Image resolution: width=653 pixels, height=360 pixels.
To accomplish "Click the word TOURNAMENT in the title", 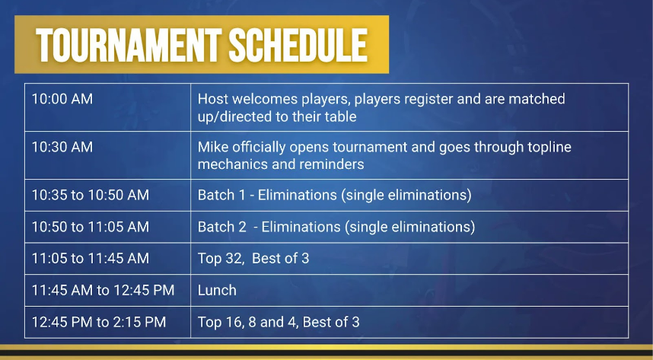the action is click(129, 45).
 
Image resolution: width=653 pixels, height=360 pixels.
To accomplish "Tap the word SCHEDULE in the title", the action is click(298, 45).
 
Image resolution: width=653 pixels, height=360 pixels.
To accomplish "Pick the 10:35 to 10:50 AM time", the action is click(91, 195).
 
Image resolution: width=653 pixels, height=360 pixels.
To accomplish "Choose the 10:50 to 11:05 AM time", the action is click(91, 227).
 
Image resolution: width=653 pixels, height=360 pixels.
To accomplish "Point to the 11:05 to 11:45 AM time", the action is click(91, 258).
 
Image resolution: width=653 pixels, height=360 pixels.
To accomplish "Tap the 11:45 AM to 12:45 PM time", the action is click(103, 290).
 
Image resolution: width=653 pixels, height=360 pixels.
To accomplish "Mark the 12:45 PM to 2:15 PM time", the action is click(99, 322).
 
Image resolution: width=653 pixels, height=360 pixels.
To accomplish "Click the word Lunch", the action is click(217, 290).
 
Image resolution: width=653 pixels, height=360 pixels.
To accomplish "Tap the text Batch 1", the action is click(221, 195).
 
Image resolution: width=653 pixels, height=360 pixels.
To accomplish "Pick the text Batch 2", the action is click(222, 227).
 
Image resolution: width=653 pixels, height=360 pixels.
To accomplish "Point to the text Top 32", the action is click(220, 259).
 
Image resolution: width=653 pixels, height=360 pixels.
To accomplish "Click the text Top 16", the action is click(220, 323).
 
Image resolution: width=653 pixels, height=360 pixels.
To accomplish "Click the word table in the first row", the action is click(340, 116).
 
